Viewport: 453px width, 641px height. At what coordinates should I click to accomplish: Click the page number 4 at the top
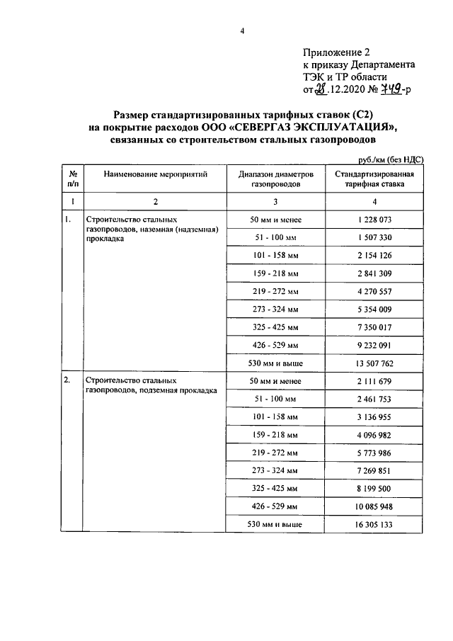click(x=241, y=30)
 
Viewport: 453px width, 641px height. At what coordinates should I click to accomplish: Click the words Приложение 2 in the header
click(x=336, y=52)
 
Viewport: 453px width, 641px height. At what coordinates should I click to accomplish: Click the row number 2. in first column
click(x=67, y=380)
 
